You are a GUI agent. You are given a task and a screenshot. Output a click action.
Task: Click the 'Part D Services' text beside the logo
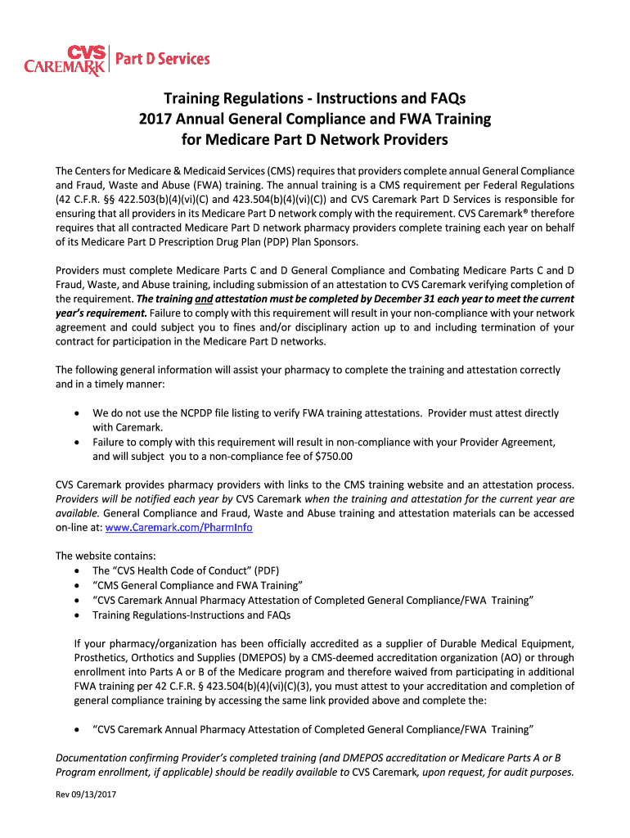[161, 59]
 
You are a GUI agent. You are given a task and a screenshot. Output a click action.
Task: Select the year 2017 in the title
[155, 119]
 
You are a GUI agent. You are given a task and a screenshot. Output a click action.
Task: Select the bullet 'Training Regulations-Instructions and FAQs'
[191, 615]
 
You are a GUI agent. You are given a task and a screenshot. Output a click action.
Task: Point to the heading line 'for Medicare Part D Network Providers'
[314, 140]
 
